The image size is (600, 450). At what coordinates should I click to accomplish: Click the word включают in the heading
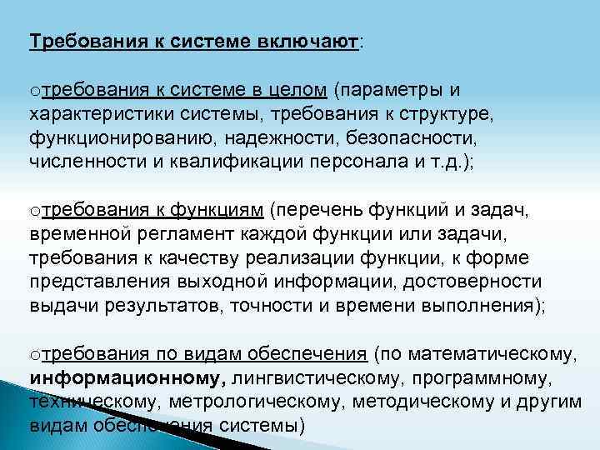[309, 42]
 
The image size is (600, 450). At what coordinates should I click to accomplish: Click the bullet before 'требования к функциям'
[33, 209]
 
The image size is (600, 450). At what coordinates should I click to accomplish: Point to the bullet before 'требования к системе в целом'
[33, 91]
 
